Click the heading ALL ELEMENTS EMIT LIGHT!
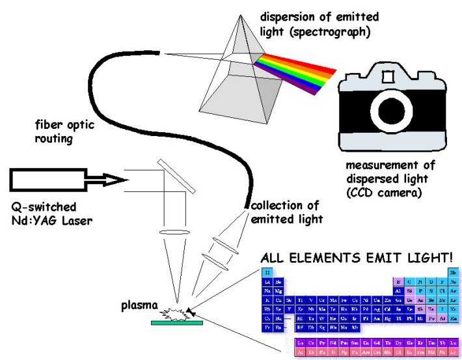(x=357, y=256)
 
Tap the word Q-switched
(x=44, y=206)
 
